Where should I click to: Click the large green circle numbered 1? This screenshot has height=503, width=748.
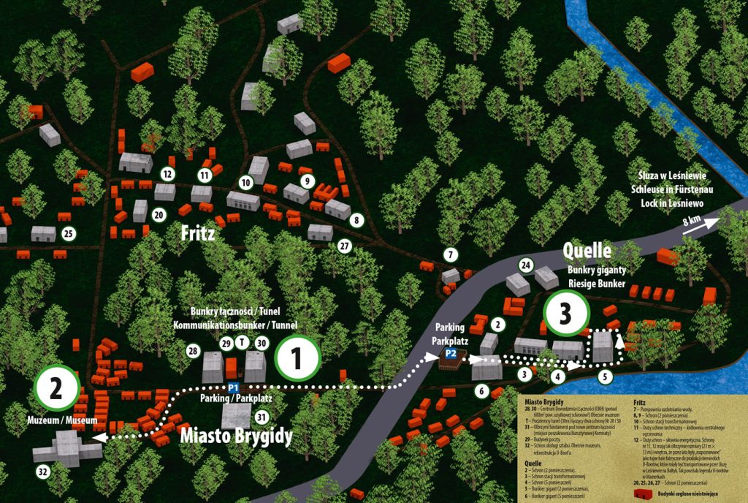[297, 358]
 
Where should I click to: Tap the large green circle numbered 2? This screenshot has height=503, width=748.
[55, 388]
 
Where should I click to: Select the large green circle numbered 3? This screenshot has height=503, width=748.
[566, 313]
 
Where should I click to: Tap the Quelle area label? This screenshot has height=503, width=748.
[587, 252]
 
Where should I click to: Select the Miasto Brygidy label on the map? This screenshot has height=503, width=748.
[237, 437]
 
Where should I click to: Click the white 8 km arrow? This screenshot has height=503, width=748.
[698, 224]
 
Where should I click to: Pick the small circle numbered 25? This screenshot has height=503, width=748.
[69, 234]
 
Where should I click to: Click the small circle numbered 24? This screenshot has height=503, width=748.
[524, 264]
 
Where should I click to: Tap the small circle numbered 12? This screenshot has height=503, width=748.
[168, 174]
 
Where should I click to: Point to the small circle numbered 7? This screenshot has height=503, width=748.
[451, 254]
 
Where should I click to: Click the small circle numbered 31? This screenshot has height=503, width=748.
[263, 417]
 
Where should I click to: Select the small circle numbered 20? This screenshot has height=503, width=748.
[159, 215]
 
